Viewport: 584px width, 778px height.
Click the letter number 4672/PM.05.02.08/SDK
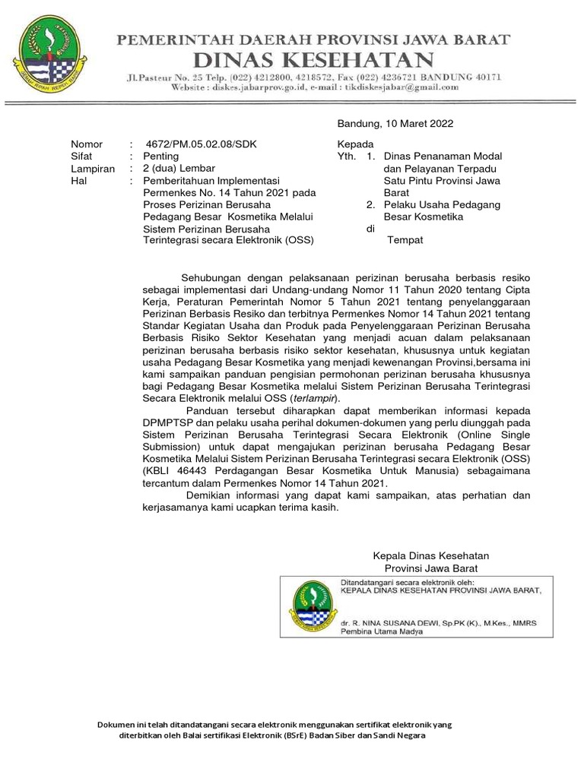(195, 144)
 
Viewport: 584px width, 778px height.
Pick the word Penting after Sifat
(162, 157)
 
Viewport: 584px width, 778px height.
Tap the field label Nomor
(86, 144)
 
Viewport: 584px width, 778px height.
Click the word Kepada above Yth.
(355, 144)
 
